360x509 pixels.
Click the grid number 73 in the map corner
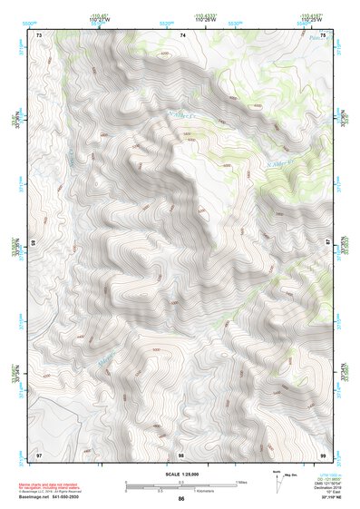coord(39,34)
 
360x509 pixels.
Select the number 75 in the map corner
coord(323,34)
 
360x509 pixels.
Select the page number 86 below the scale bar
coord(181,499)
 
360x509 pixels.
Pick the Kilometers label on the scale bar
coord(205,493)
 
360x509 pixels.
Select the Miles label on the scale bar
coord(240,482)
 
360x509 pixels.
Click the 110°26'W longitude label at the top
coord(202,19)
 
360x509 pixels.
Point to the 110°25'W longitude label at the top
coord(310,19)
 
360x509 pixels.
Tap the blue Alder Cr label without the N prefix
coord(106,361)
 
